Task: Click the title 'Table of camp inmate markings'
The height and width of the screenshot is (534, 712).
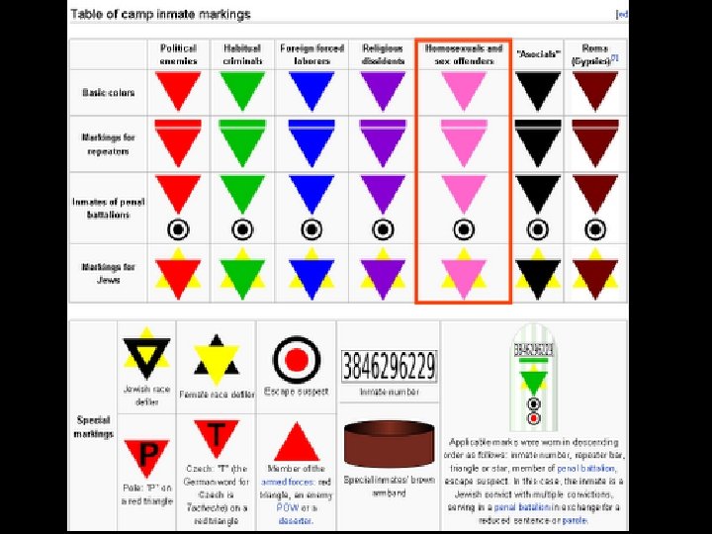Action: pyautogui.click(x=160, y=14)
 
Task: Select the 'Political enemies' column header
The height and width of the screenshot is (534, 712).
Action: pyautogui.click(x=178, y=53)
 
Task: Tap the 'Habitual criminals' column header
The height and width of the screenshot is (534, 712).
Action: pyautogui.click(x=242, y=53)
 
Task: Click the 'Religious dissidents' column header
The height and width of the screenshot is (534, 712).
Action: pyautogui.click(x=383, y=53)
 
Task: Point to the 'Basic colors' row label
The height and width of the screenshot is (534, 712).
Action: pyautogui.click(x=109, y=92)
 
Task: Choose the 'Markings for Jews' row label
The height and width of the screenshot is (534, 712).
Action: pyautogui.click(x=109, y=272)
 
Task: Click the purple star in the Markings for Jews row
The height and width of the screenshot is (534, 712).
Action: pyautogui.click(x=383, y=274)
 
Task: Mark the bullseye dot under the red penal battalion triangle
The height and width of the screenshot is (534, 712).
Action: pyautogui.click(x=178, y=229)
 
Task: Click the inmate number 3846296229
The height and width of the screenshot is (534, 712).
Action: pyautogui.click(x=388, y=367)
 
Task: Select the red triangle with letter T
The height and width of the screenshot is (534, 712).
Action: pyautogui.click(x=216, y=436)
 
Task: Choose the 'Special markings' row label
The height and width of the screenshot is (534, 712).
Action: pyautogui.click(x=94, y=426)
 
